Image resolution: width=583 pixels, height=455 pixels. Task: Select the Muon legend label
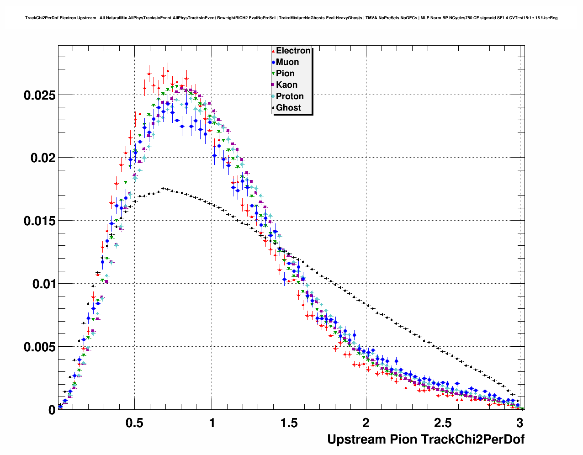(287, 62)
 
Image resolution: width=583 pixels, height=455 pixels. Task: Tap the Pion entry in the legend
(285, 74)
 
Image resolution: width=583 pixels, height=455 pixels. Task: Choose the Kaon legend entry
(286, 85)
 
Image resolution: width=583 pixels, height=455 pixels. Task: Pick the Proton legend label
(290, 96)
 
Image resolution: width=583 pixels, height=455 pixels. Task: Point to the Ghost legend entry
(288, 108)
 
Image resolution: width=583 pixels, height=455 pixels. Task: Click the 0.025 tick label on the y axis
(39, 95)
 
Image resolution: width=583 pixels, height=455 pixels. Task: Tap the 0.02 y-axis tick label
(42, 158)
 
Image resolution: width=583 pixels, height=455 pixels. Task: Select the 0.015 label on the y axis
(39, 221)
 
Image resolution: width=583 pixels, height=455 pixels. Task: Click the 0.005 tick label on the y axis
(39, 347)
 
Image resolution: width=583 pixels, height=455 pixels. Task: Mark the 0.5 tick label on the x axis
(135, 423)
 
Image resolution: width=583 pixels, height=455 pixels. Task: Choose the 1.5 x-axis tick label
(289, 423)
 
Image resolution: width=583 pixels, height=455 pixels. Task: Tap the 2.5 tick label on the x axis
(443, 423)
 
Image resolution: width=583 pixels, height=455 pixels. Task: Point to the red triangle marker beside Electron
(273, 51)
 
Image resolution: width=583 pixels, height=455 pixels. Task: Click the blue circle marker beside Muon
(273, 63)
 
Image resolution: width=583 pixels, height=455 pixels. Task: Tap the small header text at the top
(291, 18)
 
